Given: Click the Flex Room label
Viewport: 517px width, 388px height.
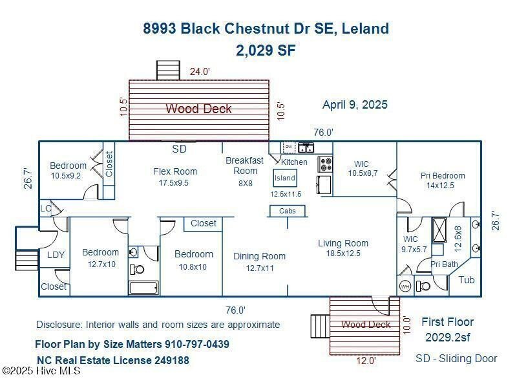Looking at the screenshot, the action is tap(174, 171).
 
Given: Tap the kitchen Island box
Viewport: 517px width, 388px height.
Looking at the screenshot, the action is tap(285, 178).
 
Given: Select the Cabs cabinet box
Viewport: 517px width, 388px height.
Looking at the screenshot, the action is tap(287, 211).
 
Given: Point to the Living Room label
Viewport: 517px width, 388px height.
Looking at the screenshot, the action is tap(343, 243).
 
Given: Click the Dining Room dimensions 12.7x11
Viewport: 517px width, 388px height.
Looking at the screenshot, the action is tap(260, 268).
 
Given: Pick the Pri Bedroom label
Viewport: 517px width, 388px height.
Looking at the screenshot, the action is tap(443, 175).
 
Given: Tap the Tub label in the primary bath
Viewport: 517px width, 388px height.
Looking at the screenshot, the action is tap(467, 280).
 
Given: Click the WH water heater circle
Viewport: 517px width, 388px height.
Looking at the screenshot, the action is tap(405, 286).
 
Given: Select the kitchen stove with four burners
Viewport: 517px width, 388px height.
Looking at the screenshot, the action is tap(325, 164).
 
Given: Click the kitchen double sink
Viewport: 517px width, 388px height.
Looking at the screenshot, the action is tap(306, 148).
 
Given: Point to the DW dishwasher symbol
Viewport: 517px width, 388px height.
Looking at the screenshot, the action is tap(289, 147).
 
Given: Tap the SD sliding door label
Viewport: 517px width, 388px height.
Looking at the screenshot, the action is tap(179, 149).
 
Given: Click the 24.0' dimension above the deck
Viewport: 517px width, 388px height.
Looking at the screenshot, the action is tap(200, 71).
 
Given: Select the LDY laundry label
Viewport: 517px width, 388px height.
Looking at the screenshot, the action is tap(56, 255).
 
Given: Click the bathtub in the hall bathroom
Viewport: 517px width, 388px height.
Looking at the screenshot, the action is tap(143, 287).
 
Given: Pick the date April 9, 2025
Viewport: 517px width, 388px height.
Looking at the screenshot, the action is tap(355, 105).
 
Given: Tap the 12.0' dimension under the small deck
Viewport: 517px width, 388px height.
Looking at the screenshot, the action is tap(366, 361).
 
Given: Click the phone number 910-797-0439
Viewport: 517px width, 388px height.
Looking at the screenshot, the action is tap(197, 344).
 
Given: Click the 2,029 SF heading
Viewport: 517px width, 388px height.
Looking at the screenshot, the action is tap(266, 50).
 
